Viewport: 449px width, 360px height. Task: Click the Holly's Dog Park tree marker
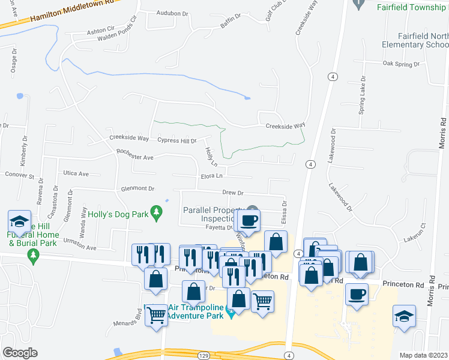(157, 212)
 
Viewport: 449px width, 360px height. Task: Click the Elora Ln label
(212, 176)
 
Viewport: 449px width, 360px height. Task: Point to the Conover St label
(20, 176)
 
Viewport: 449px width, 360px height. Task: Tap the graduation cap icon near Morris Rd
(404, 315)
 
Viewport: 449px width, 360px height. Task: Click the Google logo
(20, 353)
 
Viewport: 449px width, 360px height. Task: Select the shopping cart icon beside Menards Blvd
(157, 314)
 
